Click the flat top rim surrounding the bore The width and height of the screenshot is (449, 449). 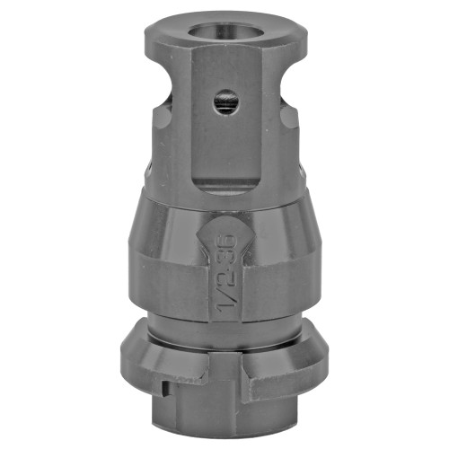point(180,34)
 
